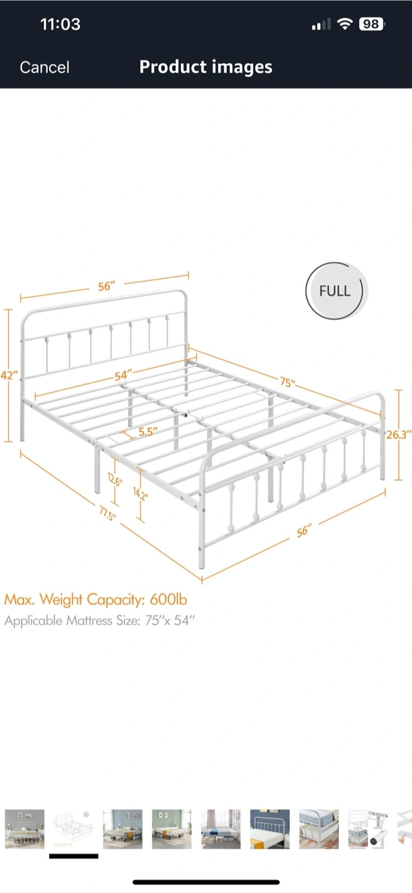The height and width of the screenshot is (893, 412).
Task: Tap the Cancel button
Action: coord(45,67)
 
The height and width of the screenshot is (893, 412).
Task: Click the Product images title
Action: coord(206,67)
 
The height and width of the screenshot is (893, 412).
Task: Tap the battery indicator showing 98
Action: coord(371,24)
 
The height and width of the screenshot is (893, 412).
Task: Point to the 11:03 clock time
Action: coord(60,24)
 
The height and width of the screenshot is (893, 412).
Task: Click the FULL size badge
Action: coord(335,291)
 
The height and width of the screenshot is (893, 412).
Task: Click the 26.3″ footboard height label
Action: coord(399,435)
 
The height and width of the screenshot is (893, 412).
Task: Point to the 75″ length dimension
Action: coord(286,383)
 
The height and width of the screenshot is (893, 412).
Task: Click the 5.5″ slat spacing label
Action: coord(147,432)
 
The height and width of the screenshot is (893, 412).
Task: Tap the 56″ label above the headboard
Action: coord(107,286)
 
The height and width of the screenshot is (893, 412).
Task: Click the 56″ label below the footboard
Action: coord(304,531)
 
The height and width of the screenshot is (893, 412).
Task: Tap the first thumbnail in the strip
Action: coord(25,829)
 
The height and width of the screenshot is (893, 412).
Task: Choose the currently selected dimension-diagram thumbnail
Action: coord(74,829)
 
